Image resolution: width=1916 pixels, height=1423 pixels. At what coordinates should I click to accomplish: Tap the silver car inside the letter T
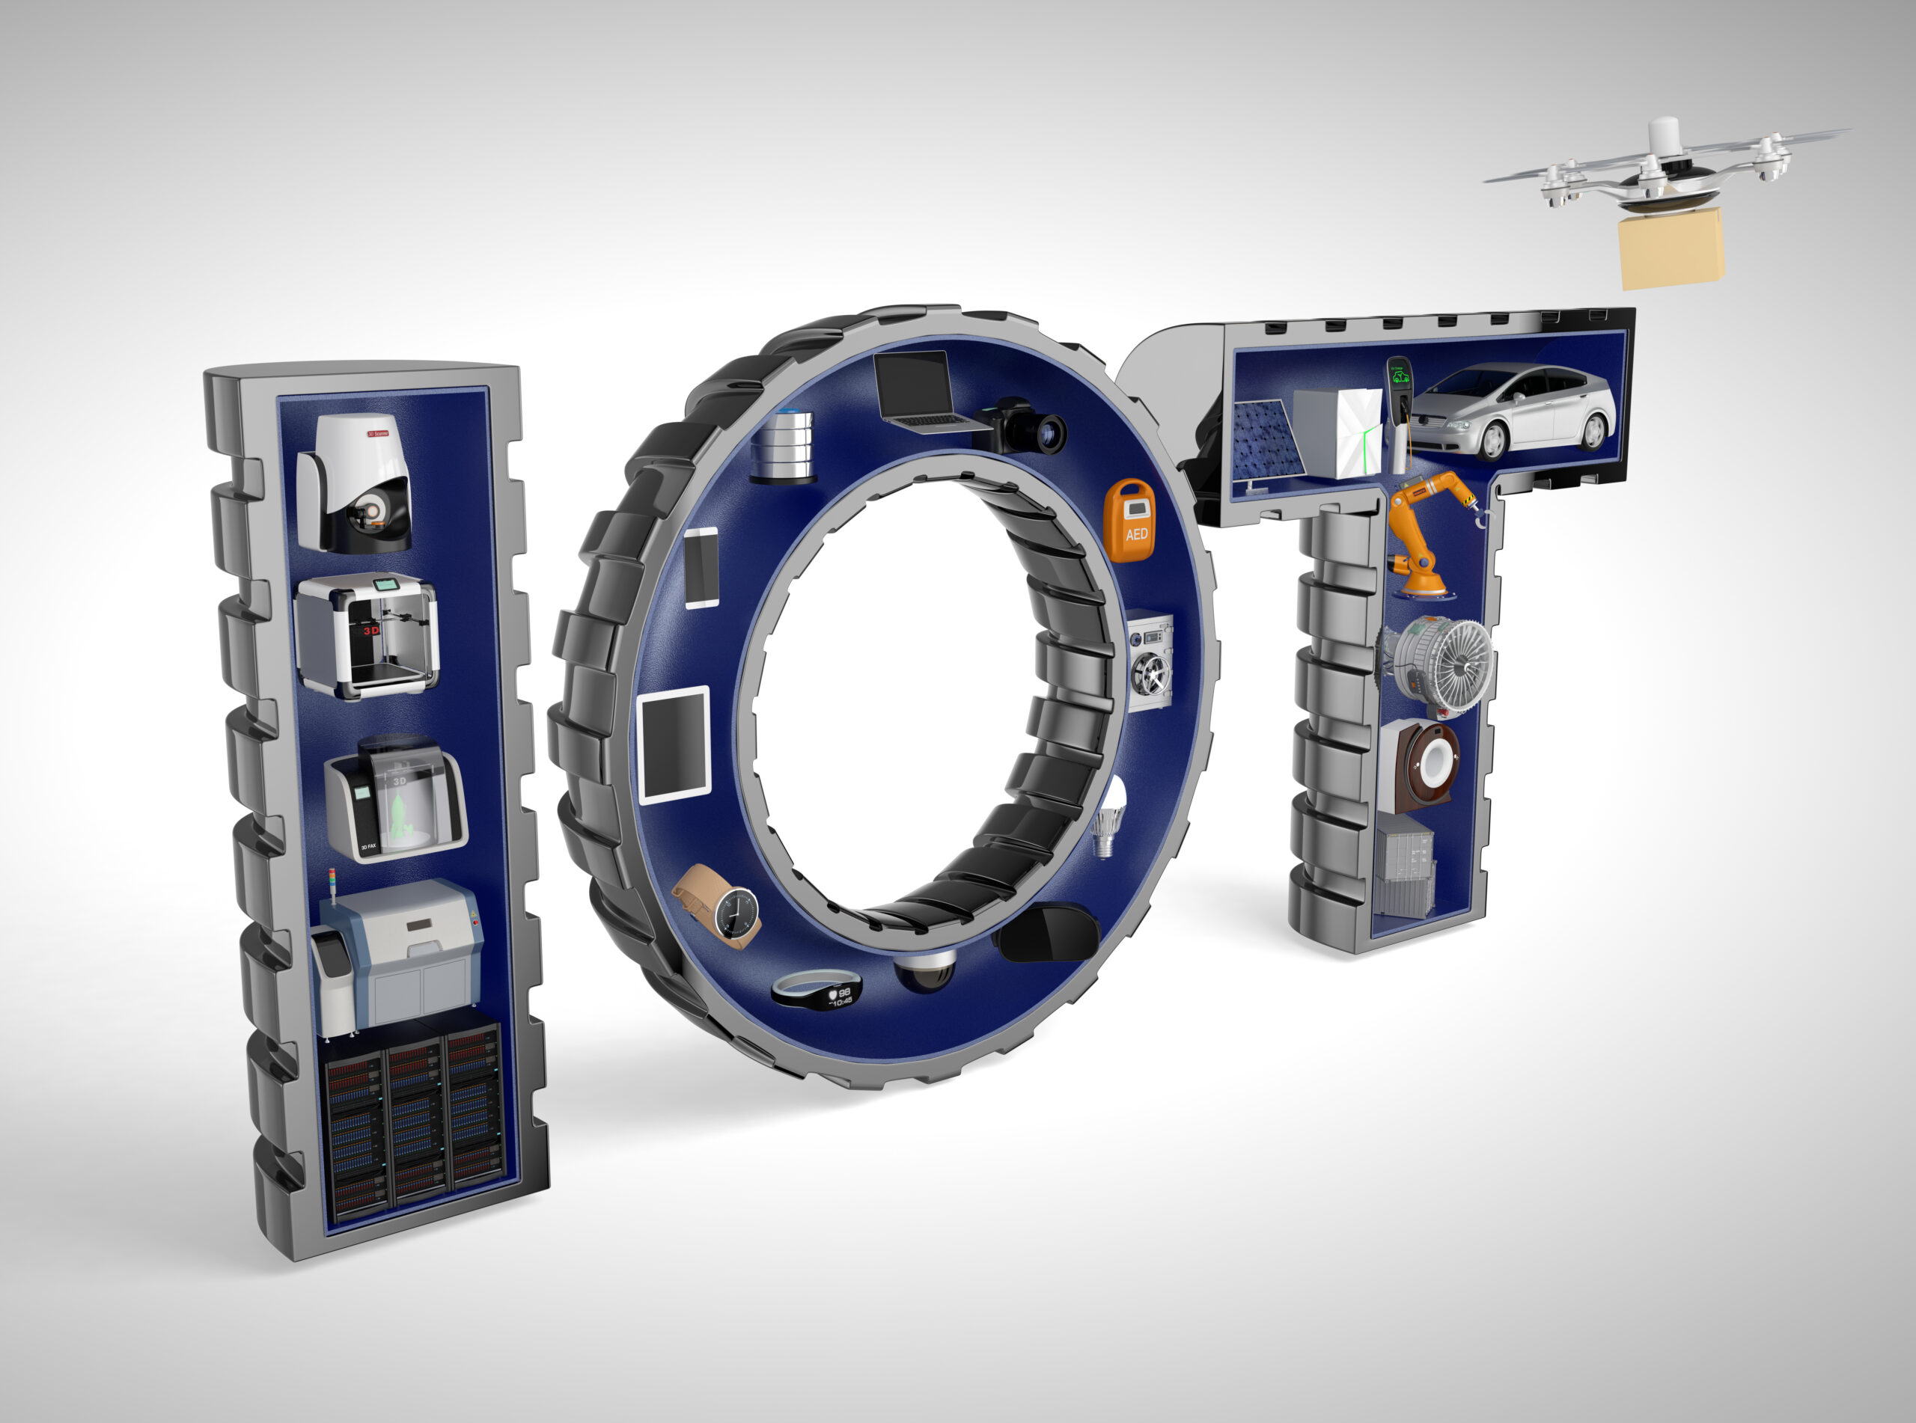point(1513,411)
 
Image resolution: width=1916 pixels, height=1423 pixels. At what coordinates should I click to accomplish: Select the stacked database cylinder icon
point(782,445)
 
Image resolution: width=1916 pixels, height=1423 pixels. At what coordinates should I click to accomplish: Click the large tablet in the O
point(674,746)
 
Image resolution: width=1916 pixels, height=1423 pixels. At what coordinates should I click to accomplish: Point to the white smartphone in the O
point(701,569)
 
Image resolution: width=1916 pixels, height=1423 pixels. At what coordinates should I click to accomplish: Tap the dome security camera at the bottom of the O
point(924,970)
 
